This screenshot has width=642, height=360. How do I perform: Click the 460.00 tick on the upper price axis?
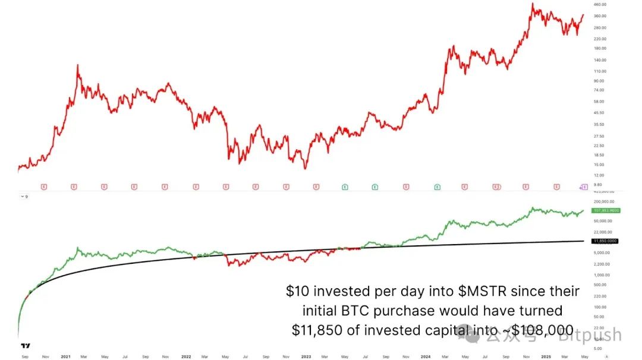[600, 5]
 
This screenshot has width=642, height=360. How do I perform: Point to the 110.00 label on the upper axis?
[600, 71]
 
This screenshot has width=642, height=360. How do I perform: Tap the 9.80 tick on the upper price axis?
[597, 185]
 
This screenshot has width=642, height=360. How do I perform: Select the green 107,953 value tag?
[606, 210]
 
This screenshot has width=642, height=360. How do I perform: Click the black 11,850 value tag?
[605, 241]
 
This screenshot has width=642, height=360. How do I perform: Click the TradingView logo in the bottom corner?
[25, 346]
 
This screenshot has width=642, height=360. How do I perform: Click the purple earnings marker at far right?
[584, 187]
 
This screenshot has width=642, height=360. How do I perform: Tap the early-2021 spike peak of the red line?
[78, 65]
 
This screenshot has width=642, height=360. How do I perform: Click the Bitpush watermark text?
[589, 336]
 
